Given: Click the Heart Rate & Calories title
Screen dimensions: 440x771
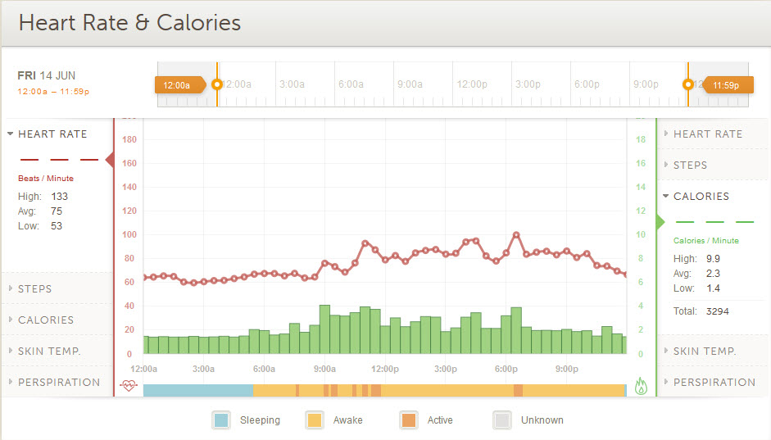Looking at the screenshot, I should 129,22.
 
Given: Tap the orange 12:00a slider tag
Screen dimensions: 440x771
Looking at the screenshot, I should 178,84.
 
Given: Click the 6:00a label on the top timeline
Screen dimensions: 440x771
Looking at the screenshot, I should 351,84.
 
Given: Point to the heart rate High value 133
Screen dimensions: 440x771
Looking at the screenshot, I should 60,197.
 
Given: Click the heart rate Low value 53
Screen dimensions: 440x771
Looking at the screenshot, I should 57,226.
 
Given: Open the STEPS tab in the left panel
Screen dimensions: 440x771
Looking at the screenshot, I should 35,288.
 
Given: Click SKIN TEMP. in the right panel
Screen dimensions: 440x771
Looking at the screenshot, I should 705,351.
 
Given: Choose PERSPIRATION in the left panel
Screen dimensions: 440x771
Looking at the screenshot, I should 59,382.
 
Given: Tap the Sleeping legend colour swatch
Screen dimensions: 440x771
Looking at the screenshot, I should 221,420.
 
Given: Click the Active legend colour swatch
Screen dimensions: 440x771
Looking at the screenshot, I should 409,420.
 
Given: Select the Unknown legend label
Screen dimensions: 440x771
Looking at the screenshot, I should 542,420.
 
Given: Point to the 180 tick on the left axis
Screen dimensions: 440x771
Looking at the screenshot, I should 129,139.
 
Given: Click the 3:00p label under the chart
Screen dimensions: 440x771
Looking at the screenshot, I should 446,369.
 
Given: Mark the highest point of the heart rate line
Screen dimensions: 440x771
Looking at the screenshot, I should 516,235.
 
